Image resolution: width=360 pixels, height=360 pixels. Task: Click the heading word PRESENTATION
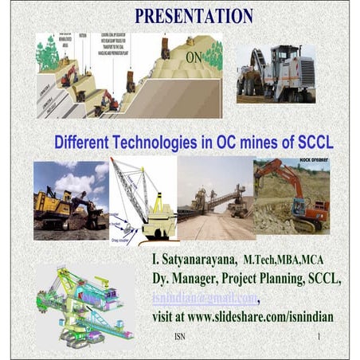click(x=194, y=15)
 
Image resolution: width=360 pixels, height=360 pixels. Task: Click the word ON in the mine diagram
click(x=193, y=57)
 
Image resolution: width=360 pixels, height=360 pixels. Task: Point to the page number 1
click(x=319, y=337)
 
